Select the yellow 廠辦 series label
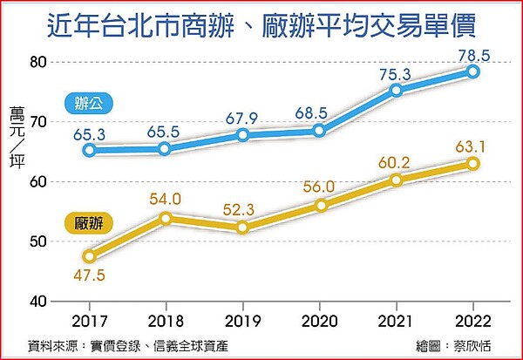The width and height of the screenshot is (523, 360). [x=88, y=223]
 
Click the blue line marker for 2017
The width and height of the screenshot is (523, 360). [x=89, y=150]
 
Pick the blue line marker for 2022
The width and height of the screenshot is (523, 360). [x=473, y=71]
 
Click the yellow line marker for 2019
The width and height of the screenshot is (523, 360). [x=242, y=228]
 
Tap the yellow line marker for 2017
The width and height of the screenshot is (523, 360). [x=89, y=256]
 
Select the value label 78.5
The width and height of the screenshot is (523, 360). [x=473, y=54]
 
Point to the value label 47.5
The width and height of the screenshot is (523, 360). [x=89, y=276]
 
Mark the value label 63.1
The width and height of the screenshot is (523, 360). [x=473, y=145]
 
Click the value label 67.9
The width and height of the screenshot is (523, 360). [x=242, y=117]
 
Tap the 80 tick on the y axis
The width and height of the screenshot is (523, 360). [x=37, y=62]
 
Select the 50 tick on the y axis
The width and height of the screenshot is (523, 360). [x=37, y=241]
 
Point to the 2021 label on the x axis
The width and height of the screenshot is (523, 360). [x=397, y=319]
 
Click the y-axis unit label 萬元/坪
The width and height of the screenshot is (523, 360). [x=17, y=138]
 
